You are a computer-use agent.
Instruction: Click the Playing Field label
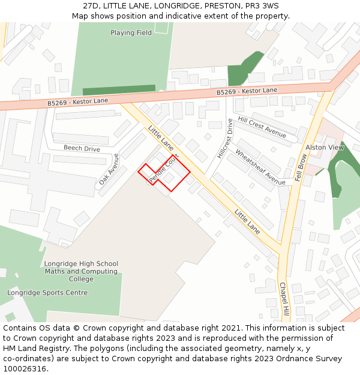tap(131, 33)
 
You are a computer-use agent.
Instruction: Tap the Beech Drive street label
tap(82, 148)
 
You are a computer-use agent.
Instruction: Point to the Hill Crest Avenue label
tap(262, 127)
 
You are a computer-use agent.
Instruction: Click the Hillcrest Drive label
tap(224, 139)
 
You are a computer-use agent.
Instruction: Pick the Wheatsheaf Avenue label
tap(260, 167)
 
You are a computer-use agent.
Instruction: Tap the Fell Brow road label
tap(301, 167)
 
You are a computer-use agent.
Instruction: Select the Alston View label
tap(325, 148)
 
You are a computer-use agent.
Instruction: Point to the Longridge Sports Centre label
tap(47, 293)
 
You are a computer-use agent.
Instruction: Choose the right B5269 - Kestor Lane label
tap(247, 91)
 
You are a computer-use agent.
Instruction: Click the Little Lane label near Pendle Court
tap(161, 139)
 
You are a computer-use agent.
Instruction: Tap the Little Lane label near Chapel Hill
tap(247, 222)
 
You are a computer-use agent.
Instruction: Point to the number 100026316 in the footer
tap(24, 369)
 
